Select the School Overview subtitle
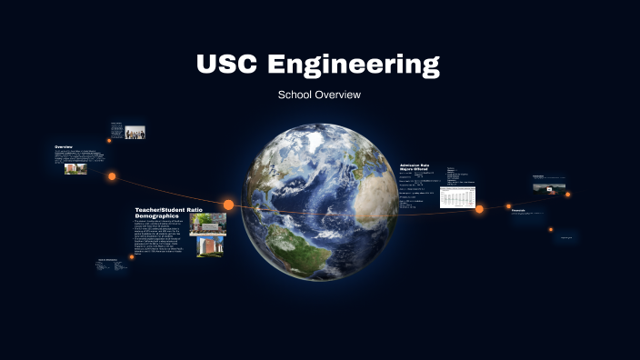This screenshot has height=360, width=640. tap(319, 95)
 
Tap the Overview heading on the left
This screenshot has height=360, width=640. tap(64, 146)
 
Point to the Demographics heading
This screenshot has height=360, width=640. tap(160, 216)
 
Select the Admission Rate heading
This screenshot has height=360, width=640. tap(416, 165)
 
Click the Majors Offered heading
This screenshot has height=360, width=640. tap(415, 169)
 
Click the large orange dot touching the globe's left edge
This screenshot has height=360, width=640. tap(229, 205)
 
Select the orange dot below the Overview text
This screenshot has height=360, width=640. tap(112, 176)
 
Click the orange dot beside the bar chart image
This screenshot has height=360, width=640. tap(479, 209)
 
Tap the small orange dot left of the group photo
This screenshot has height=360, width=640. tap(109, 140)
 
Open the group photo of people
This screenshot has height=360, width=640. tap(135, 132)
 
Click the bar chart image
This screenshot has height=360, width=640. tap(457, 197)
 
